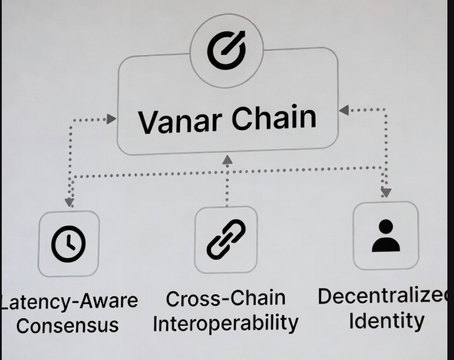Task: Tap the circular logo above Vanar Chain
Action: tap(227, 51)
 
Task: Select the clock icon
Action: tap(69, 243)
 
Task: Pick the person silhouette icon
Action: tap(386, 236)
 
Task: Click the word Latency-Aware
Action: tap(69, 301)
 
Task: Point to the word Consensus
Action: tap(68, 325)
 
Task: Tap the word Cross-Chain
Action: tap(225, 299)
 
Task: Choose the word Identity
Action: tap(387, 321)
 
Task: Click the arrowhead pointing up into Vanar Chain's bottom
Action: tap(227, 160)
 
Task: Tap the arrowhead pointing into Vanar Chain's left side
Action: tap(111, 119)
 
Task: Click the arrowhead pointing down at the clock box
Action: tap(69, 202)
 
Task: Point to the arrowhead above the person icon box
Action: tap(386, 192)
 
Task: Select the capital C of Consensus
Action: tap(24, 326)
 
